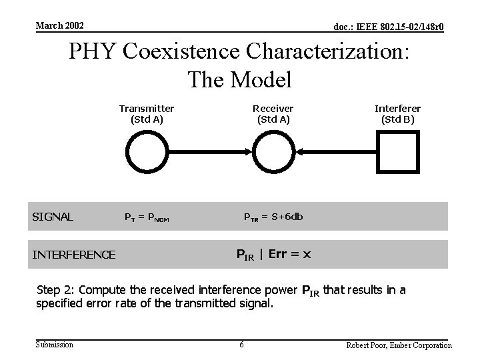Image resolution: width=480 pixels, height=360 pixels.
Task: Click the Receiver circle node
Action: click(273, 151)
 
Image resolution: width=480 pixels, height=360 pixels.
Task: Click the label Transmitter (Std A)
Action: click(147, 114)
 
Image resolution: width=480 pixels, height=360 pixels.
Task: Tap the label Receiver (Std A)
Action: click(273, 114)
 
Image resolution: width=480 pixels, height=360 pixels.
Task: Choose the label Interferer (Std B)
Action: click(398, 114)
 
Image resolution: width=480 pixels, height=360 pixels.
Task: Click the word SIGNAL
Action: click(53, 217)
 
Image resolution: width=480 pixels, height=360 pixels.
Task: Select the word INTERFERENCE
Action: click(74, 254)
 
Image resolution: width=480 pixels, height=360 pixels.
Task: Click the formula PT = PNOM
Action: click(147, 217)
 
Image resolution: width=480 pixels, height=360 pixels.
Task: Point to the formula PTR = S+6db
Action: click(271, 216)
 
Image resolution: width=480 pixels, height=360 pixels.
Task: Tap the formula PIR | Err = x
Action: click(273, 254)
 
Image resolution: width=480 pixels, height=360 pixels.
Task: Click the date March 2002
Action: click(59, 25)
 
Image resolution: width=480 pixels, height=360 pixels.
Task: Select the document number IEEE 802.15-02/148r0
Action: click(389, 27)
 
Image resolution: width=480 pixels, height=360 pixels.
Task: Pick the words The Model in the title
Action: click(239, 80)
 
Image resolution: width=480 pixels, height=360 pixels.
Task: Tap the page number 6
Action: click(241, 345)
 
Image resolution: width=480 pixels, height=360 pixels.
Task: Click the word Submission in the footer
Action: click(55, 344)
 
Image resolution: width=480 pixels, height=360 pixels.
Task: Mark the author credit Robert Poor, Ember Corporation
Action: click(399, 345)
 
